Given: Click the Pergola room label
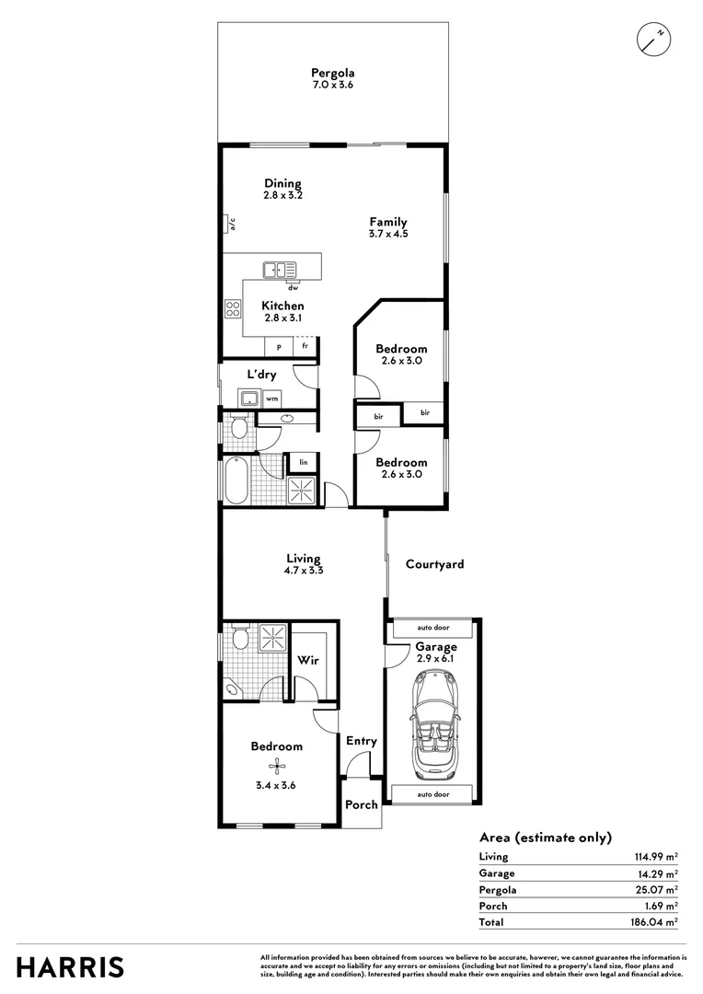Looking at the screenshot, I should (x=332, y=73).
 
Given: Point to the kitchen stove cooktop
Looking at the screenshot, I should (x=232, y=310).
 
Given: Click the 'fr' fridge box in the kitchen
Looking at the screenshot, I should (x=305, y=346).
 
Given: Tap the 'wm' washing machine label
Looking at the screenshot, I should (x=272, y=399).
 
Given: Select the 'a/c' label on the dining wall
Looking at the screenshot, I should (x=232, y=224).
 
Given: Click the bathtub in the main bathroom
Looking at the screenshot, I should (x=236, y=483).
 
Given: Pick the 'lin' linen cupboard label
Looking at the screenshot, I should (x=302, y=462).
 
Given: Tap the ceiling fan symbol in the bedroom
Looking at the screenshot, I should (x=276, y=764).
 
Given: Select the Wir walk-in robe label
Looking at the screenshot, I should (x=307, y=660).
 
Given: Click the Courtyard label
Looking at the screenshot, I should (x=434, y=564).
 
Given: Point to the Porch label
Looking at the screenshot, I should (x=361, y=804).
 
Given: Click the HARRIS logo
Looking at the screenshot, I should (x=71, y=967).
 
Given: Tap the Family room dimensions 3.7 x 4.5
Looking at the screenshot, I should (x=388, y=234).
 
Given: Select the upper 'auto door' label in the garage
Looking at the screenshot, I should (x=432, y=629).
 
